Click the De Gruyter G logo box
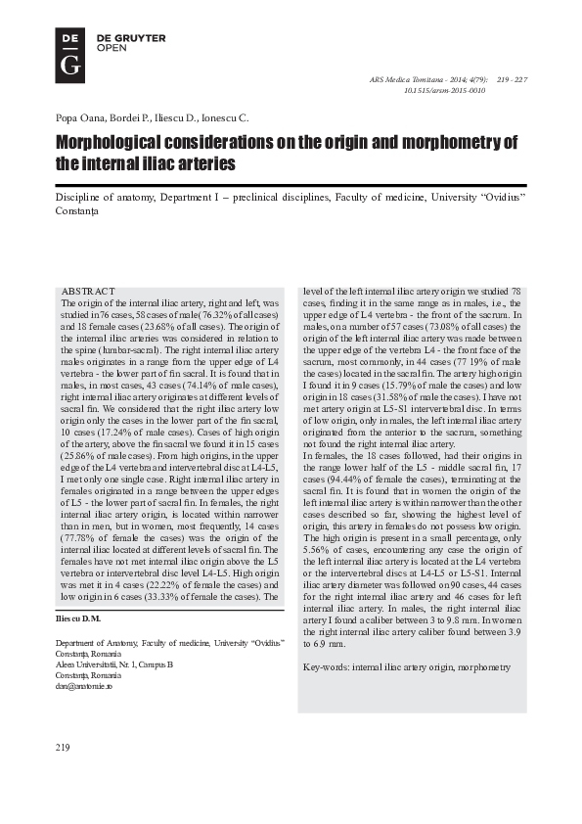(69, 54)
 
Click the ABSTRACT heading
(88, 293)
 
